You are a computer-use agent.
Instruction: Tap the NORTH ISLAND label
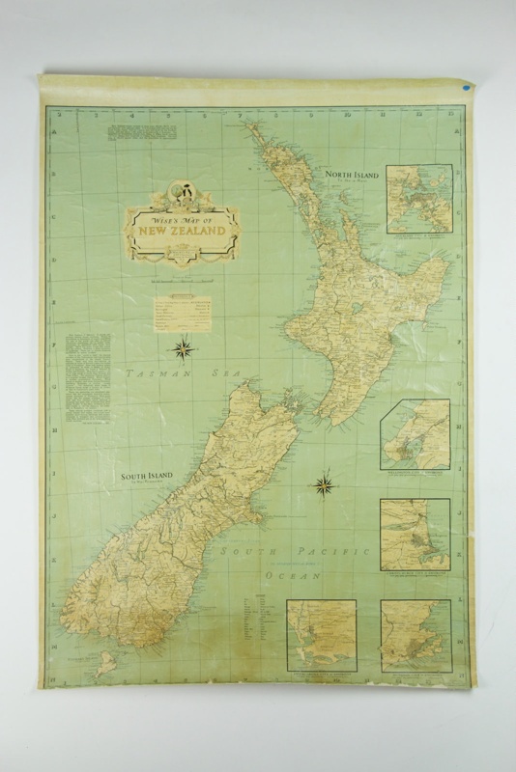(x=350, y=175)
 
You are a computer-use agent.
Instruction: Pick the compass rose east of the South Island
(x=325, y=484)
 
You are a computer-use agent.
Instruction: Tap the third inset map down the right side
(x=415, y=534)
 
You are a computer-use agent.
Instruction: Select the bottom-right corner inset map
(x=415, y=634)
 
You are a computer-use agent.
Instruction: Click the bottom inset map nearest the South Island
(x=321, y=634)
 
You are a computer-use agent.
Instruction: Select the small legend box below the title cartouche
(x=182, y=311)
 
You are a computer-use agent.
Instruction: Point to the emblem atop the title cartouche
(x=182, y=190)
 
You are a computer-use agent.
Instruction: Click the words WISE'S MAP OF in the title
(x=183, y=217)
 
